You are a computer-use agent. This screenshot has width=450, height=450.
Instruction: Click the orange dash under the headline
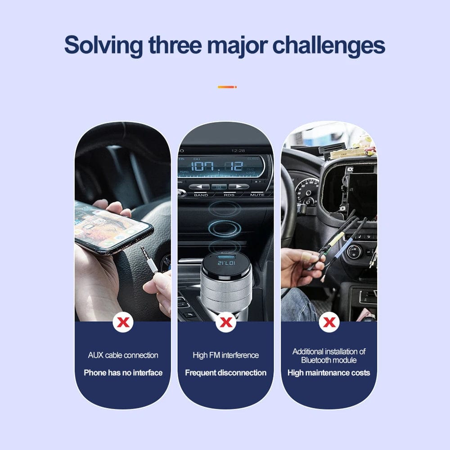[x=227, y=87]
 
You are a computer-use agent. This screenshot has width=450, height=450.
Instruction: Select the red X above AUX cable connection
[x=123, y=322]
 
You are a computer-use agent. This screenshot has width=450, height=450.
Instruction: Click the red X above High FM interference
[x=226, y=322]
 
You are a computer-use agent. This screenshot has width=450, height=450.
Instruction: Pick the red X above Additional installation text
[x=329, y=322]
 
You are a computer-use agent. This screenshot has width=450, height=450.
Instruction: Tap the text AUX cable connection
[x=123, y=355]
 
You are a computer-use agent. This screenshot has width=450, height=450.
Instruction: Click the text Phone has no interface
[x=123, y=373]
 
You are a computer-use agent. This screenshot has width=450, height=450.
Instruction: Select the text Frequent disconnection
[x=226, y=373]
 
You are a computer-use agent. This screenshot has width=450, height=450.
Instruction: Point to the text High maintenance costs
[x=329, y=373]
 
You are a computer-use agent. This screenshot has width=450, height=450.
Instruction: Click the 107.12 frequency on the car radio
[x=217, y=166]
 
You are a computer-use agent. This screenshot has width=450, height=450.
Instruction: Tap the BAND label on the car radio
[x=201, y=195]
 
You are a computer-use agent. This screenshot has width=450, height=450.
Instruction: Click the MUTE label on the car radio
[x=257, y=195]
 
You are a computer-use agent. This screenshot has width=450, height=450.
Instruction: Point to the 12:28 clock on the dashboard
[x=238, y=151]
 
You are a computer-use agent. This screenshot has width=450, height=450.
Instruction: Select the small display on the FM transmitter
[x=226, y=263]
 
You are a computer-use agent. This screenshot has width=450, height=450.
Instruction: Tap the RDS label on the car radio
[x=229, y=195]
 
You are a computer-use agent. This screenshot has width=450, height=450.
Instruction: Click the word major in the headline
[x=237, y=46]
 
